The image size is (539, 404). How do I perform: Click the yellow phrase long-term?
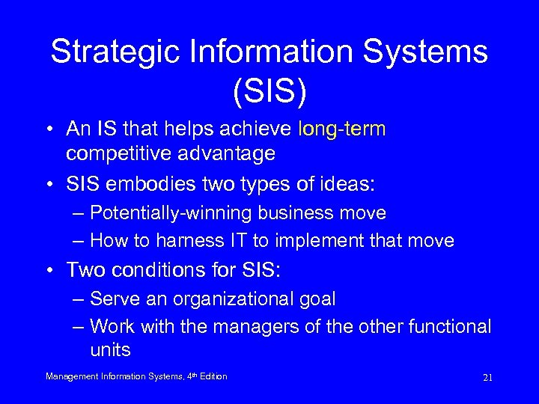tap(342, 129)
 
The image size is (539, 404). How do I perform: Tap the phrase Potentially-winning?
tap(171, 213)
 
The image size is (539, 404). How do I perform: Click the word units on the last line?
tap(110, 350)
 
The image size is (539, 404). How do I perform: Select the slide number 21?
tap(487, 378)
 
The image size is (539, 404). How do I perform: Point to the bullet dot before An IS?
tap(49, 130)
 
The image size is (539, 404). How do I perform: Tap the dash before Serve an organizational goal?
tap(79, 299)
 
